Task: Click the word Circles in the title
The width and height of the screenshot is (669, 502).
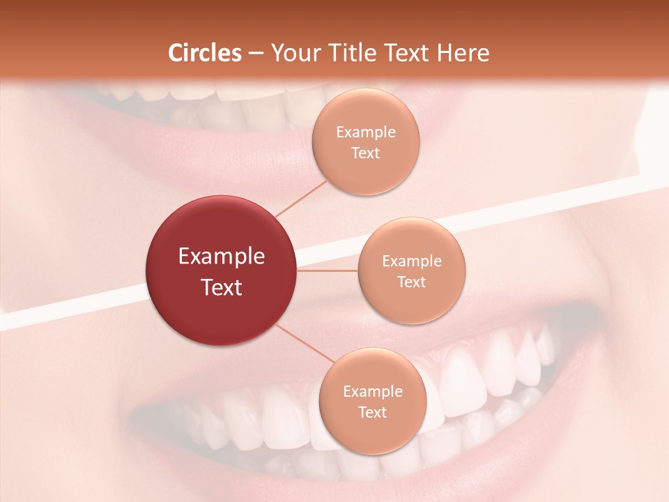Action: (x=205, y=53)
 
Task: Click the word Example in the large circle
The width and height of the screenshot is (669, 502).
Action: (x=222, y=257)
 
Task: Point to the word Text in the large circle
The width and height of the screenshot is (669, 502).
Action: (x=222, y=287)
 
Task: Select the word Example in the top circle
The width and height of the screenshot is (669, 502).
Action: (x=365, y=132)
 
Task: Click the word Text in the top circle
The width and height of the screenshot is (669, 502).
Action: (x=365, y=153)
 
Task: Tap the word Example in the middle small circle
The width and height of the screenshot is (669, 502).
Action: (x=411, y=261)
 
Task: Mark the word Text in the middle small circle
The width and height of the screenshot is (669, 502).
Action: (x=411, y=282)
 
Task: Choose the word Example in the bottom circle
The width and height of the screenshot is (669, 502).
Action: (x=372, y=392)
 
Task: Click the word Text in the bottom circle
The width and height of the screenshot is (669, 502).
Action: (x=372, y=413)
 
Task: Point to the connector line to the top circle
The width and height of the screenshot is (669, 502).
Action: (x=300, y=198)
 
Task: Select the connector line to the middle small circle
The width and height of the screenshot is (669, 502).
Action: (x=328, y=271)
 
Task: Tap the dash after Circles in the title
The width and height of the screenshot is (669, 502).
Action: (x=256, y=53)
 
